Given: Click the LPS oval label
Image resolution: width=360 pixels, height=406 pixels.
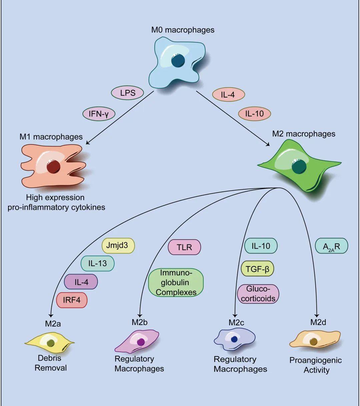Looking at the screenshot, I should tap(127, 93).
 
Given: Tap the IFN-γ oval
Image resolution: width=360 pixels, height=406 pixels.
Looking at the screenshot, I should tap(99, 114).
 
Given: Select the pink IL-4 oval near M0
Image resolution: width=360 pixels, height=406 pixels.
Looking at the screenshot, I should tap(228, 95).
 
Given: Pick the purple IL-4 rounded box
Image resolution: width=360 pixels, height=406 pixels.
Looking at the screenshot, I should tap(81, 282).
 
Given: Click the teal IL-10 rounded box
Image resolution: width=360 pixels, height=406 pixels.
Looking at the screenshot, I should tap(261, 246).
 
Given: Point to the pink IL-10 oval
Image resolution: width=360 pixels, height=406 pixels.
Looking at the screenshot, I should tap(254, 114).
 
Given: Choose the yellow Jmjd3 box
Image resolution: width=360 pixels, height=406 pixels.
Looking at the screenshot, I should tap(119, 246).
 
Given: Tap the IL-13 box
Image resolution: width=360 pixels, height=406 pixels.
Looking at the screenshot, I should tap(98, 263).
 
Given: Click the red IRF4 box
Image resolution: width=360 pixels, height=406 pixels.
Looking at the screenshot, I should tap(72, 300).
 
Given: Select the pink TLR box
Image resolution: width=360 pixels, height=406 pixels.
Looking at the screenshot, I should tap(184, 247).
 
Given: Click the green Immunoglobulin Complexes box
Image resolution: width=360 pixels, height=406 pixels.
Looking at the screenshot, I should tap(176, 282).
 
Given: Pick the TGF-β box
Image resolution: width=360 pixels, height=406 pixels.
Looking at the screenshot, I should tap(257, 269).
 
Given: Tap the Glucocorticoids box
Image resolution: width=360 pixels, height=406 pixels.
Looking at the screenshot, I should tap(258, 294).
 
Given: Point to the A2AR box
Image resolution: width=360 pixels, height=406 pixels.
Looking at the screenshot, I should tap(331, 247).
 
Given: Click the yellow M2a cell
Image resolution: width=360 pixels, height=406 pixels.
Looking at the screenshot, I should tap(50, 343).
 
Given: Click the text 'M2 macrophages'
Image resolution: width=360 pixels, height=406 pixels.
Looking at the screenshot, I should tap(304, 134).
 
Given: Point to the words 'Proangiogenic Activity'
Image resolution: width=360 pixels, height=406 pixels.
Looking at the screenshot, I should tap(315, 365).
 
